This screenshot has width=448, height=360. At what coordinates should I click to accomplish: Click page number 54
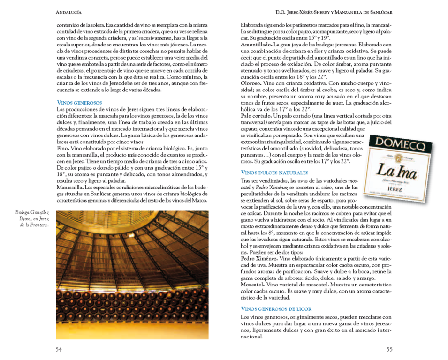[x=59, y=349]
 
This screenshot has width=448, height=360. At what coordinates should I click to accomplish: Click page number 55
[x=389, y=349]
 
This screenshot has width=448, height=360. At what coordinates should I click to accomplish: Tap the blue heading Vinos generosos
[x=79, y=102]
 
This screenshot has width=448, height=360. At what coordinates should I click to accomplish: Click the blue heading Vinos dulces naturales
[x=274, y=172]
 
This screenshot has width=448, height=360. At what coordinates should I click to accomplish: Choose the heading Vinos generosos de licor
[x=276, y=309]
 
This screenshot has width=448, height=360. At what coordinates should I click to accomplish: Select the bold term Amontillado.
[x=256, y=44]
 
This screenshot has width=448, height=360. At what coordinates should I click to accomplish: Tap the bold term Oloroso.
[x=251, y=83]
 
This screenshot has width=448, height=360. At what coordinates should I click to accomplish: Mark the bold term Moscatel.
[x=253, y=285]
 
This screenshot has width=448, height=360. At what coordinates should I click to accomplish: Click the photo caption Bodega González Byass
[x=33, y=218]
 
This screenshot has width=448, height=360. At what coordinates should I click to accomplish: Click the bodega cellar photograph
[x=132, y=275]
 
